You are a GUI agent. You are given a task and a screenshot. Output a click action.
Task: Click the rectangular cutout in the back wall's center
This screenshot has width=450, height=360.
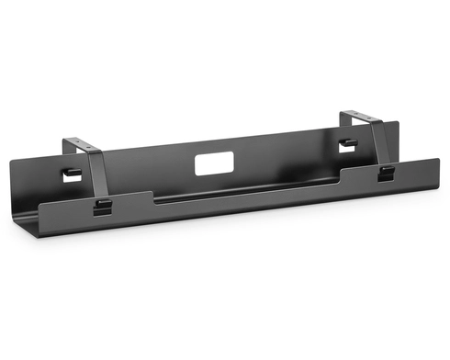pyautogui.click(x=212, y=163)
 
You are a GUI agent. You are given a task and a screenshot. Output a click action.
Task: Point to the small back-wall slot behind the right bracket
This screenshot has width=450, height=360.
pyautogui.click(x=345, y=143)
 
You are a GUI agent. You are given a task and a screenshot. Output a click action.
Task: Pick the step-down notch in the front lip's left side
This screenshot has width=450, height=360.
pyautogui.click(x=152, y=194)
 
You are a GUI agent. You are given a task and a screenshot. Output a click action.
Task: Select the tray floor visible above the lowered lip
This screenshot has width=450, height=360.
pyautogui.click(x=239, y=184)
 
